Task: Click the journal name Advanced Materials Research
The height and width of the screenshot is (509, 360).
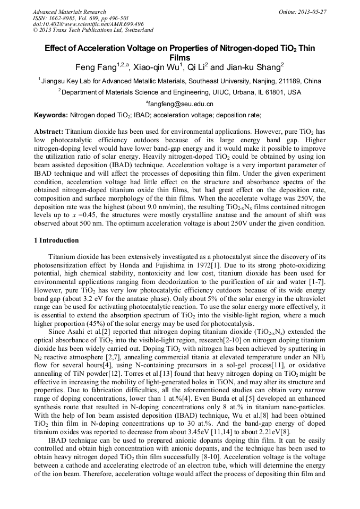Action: (69, 12)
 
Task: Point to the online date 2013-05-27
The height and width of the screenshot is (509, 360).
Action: (311, 12)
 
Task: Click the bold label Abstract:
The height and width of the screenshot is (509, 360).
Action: (49, 131)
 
